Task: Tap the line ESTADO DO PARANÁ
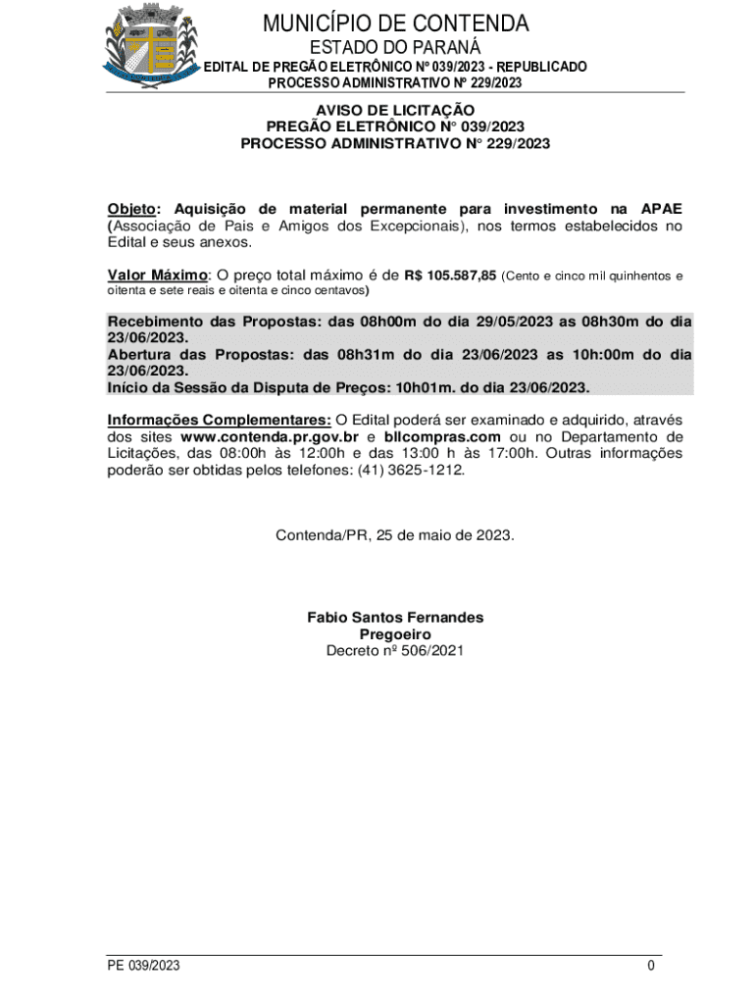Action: (395, 48)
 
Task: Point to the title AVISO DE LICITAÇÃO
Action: (395, 111)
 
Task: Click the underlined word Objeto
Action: (135, 209)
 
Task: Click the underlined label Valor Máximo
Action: (157, 275)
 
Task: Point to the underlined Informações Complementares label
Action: (219, 420)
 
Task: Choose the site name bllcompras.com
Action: (442, 436)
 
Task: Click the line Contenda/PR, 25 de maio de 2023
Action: (395, 535)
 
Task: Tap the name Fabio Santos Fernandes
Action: (395, 618)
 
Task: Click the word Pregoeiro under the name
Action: (395, 634)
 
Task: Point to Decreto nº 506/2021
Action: (395, 650)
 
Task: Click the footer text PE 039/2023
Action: (144, 966)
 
